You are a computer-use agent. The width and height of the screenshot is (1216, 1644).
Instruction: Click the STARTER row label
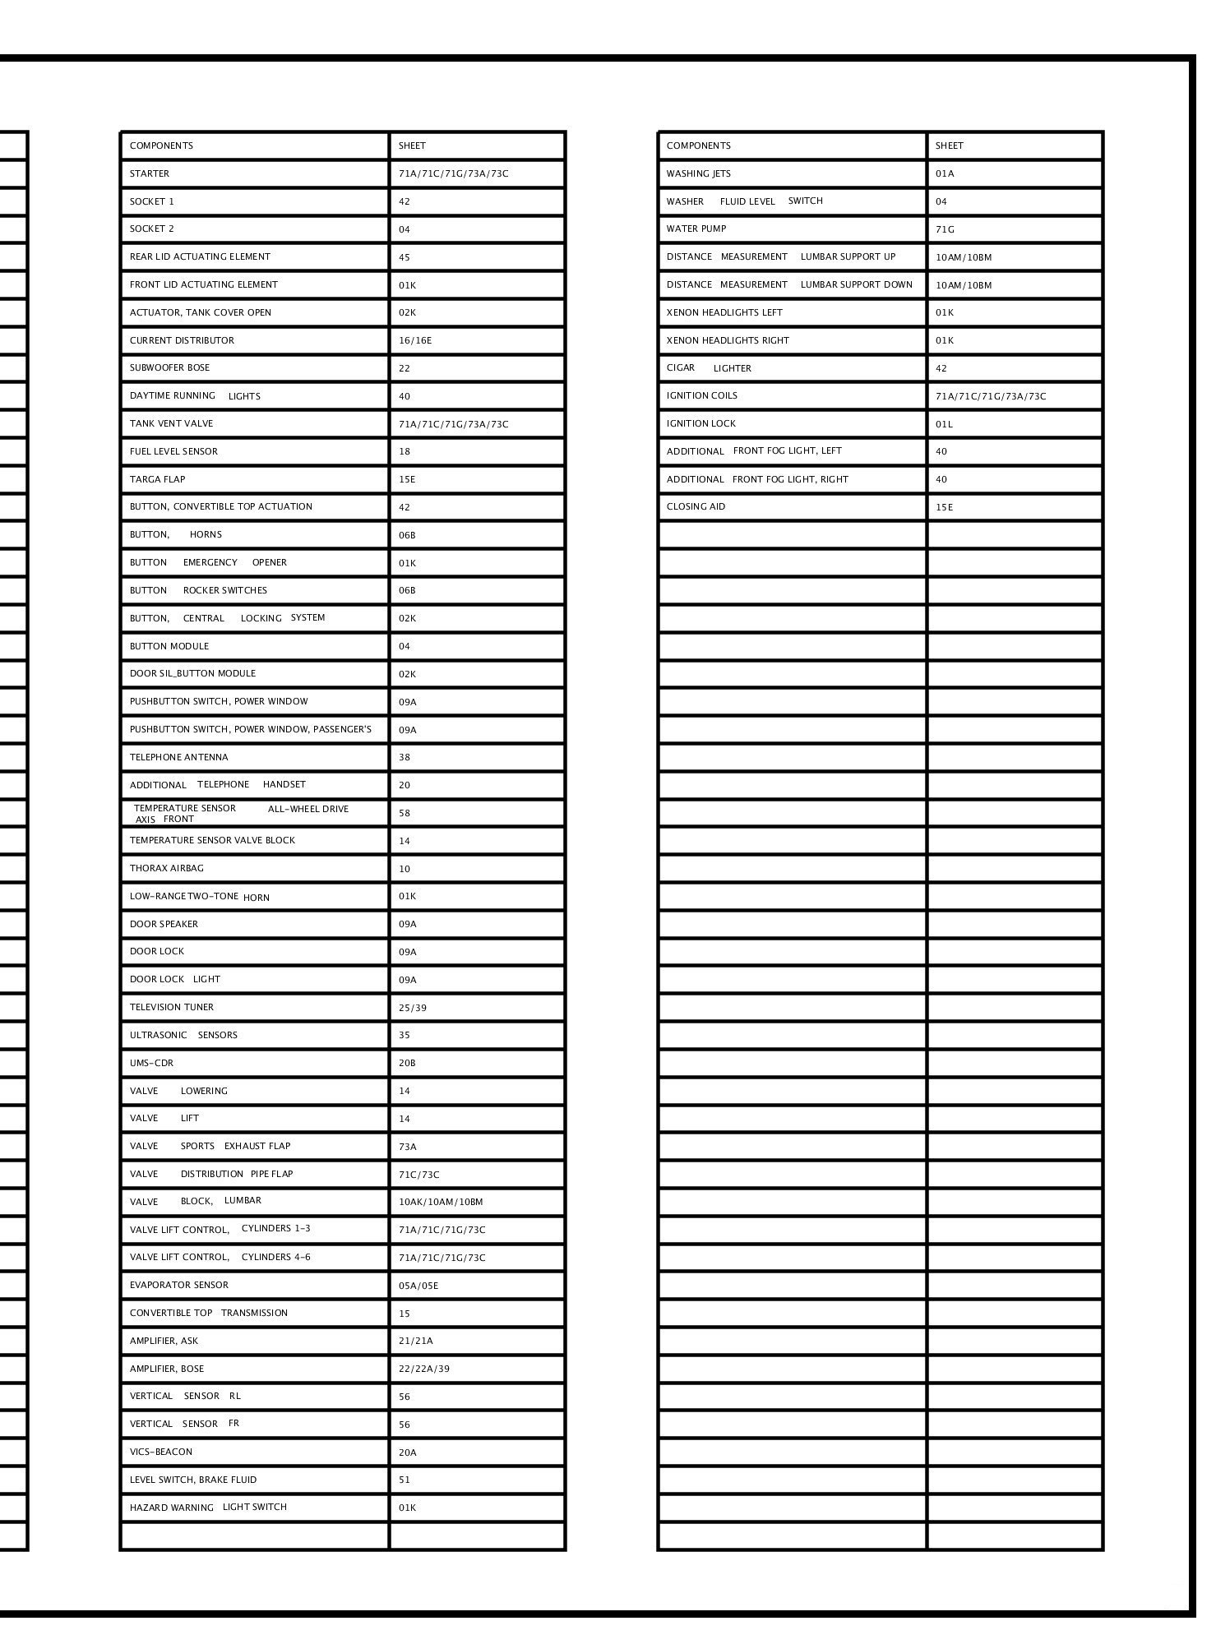[x=150, y=173]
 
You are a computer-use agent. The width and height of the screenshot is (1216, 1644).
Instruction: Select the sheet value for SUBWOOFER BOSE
[x=405, y=368]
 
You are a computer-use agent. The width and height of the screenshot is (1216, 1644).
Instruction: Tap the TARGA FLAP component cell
[x=157, y=479]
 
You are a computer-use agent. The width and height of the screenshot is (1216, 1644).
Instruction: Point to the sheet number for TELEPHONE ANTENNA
[x=405, y=757]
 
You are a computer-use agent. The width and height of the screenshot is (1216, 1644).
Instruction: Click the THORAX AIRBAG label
[x=167, y=868]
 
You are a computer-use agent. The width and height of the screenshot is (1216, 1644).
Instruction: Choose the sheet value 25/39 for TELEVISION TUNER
[x=413, y=1007]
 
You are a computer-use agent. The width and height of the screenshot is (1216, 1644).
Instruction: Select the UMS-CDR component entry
[x=152, y=1063]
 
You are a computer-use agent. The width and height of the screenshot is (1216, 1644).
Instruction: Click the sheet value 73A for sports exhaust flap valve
[x=408, y=1146]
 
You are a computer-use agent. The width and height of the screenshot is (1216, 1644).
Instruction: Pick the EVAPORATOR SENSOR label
[x=179, y=1285]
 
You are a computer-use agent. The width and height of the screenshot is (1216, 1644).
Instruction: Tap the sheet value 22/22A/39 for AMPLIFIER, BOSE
[x=424, y=1369]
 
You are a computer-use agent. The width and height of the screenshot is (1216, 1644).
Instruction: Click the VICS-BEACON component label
[x=161, y=1452]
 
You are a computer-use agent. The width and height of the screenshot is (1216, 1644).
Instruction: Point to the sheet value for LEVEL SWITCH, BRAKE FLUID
[x=405, y=1480]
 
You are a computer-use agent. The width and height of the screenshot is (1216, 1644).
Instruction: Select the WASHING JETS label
[x=699, y=173]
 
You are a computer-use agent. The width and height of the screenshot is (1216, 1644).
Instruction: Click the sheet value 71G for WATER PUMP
[x=945, y=229]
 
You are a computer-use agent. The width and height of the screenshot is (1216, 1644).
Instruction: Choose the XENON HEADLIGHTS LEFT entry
[x=724, y=312]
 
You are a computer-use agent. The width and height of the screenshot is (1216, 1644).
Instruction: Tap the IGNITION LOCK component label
[x=701, y=423]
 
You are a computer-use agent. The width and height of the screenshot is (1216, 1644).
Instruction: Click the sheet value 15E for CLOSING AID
[x=945, y=507]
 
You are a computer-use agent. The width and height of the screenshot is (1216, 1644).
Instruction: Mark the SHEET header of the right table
[x=949, y=145]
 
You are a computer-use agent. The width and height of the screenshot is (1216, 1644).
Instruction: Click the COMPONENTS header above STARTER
[x=161, y=145]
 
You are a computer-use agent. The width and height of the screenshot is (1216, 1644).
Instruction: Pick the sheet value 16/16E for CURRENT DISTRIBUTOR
[x=415, y=340]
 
